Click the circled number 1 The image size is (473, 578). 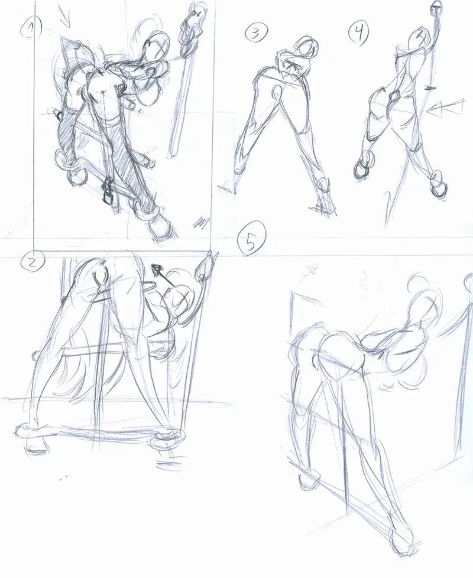pyautogui.click(x=31, y=28)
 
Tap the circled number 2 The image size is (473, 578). pyautogui.click(x=33, y=262)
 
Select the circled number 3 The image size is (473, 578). pyautogui.click(x=255, y=34)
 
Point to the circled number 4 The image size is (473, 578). pyautogui.click(x=359, y=31)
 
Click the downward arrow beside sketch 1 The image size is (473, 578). pyautogui.click(x=66, y=17)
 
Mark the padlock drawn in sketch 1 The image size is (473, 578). pyautogui.click(x=108, y=191)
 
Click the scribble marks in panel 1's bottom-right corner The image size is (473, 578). pyautogui.click(x=200, y=223)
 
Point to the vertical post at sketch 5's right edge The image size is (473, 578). pyautogui.click(x=464, y=369)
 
